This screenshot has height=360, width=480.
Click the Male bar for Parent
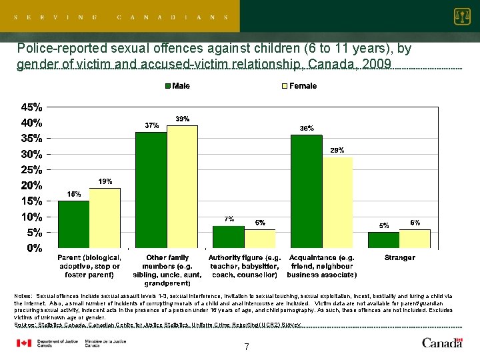coord(73,225)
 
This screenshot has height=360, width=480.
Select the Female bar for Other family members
coord(182,187)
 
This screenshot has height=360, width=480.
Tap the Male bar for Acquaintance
coord(306,192)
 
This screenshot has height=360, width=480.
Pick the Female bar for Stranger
coord(415,239)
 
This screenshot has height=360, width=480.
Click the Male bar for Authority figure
coord(229,237)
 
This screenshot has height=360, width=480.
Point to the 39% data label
coord(182,119)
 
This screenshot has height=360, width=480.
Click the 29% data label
coord(337,151)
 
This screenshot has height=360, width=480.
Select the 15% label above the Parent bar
coord(73,194)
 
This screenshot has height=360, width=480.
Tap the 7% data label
coord(229,219)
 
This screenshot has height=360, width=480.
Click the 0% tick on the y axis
coord(33,248)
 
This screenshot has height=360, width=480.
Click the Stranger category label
coord(399,257)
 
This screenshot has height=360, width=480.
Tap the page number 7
coord(246,347)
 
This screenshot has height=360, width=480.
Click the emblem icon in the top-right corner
coord(461,16)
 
